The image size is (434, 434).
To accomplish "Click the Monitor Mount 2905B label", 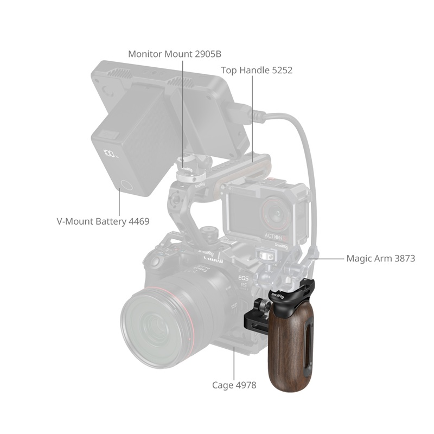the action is click(175, 54).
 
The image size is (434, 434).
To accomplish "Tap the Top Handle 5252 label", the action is click(257, 71).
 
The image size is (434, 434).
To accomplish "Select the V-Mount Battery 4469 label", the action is click(103, 221).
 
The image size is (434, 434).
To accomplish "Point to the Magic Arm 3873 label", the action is click(381, 259).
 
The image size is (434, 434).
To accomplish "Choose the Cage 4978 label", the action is click(234, 385).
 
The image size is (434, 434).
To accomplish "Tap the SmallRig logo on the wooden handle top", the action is click(278, 296).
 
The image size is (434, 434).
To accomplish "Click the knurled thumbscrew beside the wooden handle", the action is click(265, 307).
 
